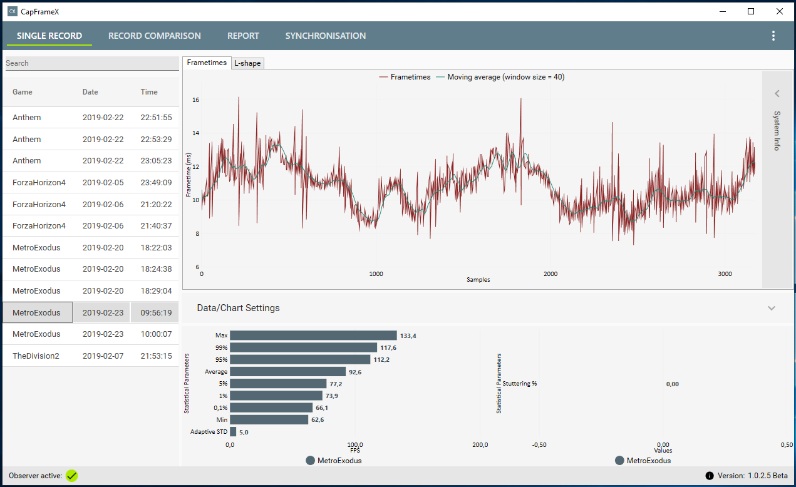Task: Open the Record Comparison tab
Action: (x=154, y=36)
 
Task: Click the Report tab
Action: (x=243, y=36)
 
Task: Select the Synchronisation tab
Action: (x=325, y=36)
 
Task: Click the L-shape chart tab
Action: (x=247, y=63)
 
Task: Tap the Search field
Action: (x=91, y=63)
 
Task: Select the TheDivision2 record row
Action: (x=36, y=356)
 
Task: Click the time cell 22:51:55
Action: (x=156, y=118)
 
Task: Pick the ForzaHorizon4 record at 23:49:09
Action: (x=39, y=183)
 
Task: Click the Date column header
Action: (x=90, y=92)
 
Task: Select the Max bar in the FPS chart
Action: (x=313, y=336)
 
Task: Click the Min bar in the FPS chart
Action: (x=269, y=419)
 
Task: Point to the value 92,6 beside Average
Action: (x=355, y=372)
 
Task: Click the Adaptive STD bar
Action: (x=233, y=431)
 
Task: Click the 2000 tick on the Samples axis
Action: (x=550, y=274)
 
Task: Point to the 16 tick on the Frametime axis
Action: (x=195, y=100)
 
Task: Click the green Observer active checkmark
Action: (x=72, y=476)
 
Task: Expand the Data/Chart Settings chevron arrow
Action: (x=772, y=308)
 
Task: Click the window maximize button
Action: (x=751, y=11)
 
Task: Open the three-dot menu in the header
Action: (x=773, y=36)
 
